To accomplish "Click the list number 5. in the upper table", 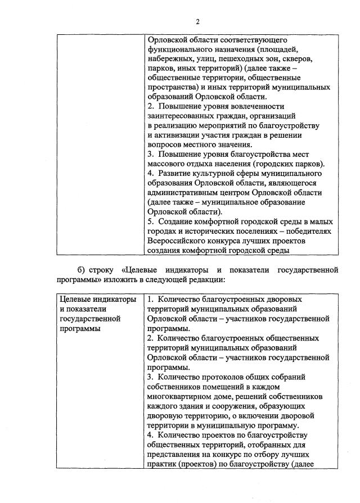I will pos(151,221).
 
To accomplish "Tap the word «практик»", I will pos(161,464).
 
